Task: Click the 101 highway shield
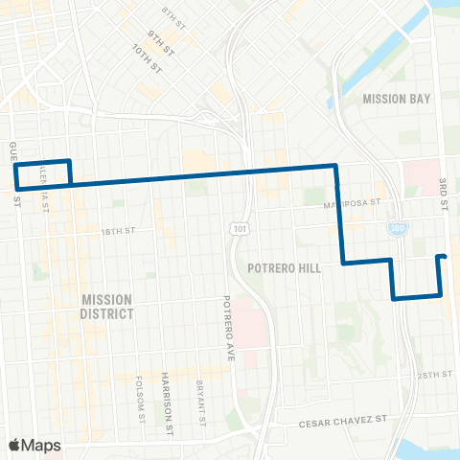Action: [237, 227]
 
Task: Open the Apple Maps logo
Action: [34, 445]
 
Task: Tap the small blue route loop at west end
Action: [43, 172]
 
